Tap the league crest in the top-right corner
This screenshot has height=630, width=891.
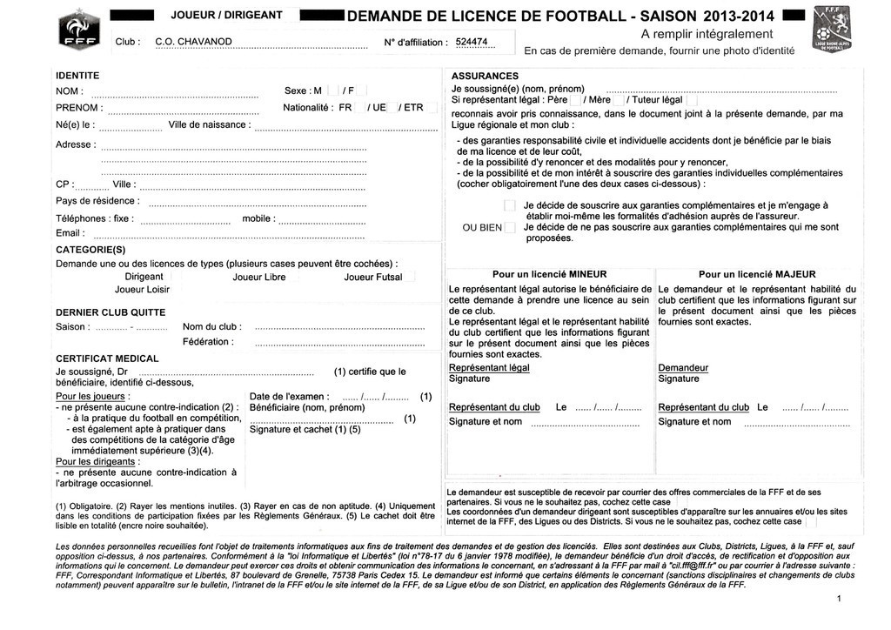[829, 31]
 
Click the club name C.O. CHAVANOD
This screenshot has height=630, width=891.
[193, 42]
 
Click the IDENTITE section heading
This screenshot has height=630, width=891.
[77, 76]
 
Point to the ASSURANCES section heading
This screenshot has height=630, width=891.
[486, 76]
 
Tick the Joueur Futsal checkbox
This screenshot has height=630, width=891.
[410, 277]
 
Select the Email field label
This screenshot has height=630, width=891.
[70, 233]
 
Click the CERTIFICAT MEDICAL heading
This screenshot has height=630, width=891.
[107, 359]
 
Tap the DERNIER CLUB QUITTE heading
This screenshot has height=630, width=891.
[111, 312]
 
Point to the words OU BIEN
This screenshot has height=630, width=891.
[483, 228]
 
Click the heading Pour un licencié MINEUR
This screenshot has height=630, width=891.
[549, 274]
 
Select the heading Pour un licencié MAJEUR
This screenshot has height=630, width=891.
[757, 274]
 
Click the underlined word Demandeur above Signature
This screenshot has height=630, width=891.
[683, 368]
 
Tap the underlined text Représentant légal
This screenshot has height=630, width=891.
[489, 368]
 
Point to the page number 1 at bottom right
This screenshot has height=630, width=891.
[838, 599]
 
